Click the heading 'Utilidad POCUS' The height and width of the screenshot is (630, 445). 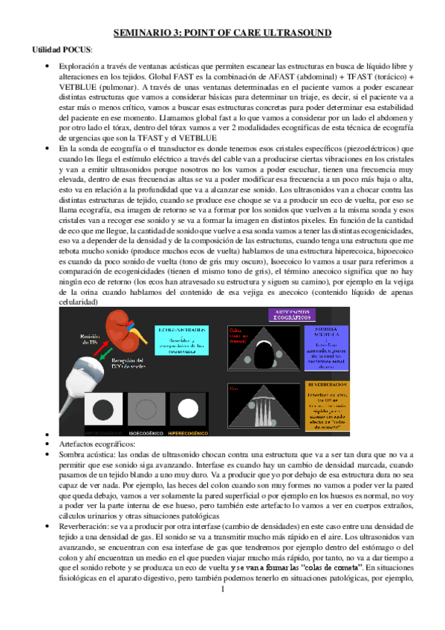click(62, 50)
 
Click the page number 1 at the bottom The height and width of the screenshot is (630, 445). click(222, 611)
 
